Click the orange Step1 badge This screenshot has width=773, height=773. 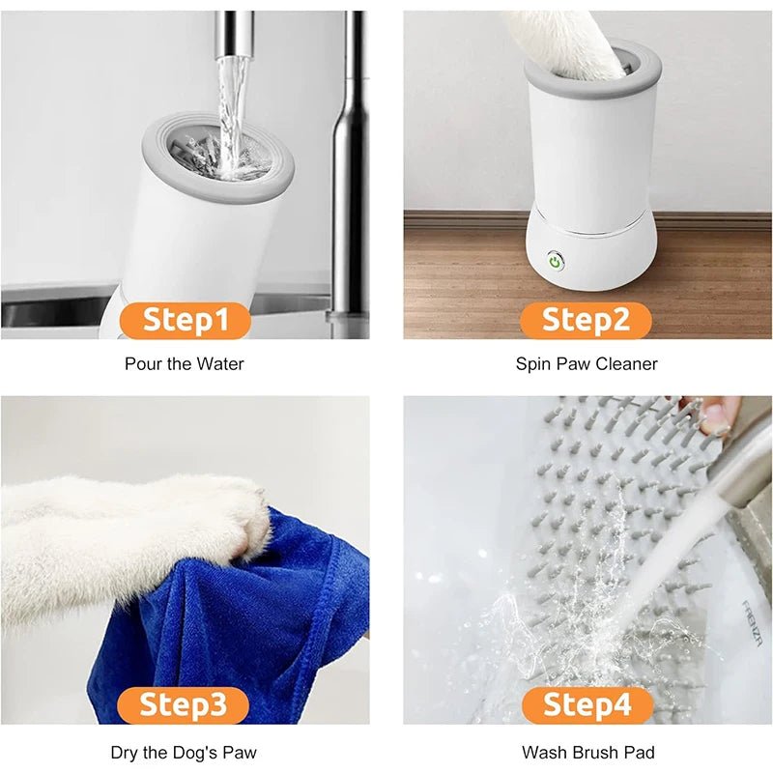pyautogui.click(x=186, y=320)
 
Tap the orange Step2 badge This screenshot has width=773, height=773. pyautogui.click(x=586, y=320)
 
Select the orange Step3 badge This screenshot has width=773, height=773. pyautogui.click(x=186, y=704)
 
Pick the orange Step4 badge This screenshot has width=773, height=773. pyautogui.click(x=586, y=704)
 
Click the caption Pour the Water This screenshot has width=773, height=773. pyautogui.click(x=185, y=364)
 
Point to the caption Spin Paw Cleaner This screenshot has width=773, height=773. pyautogui.click(x=587, y=364)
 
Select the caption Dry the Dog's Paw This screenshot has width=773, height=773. pyautogui.click(x=185, y=752)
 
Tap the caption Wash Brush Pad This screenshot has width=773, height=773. pyautogui.click(x=587, y=752)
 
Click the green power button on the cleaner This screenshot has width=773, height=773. pyautogui.click(x=555, y=260)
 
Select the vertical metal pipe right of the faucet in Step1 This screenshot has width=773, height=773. pyautogui.click(x=350, y=164)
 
